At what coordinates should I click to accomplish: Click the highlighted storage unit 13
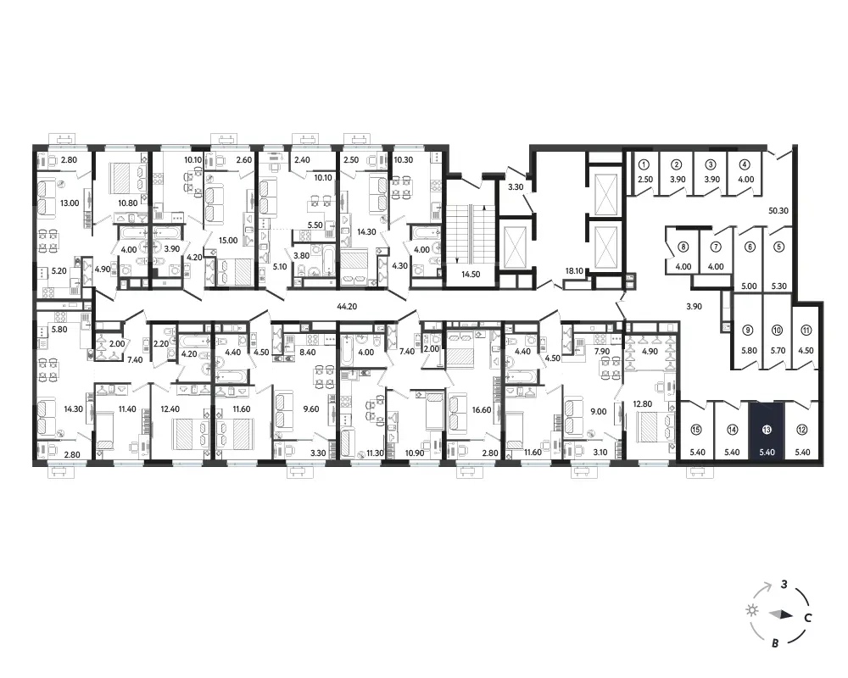coord(767,431)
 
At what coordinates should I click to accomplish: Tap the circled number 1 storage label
coord(644,164)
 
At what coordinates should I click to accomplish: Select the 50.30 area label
coord(778,211)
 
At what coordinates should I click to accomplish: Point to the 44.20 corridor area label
coord(347,306)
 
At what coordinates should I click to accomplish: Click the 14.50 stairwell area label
coord(471,274)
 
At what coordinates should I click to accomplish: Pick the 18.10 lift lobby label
coord(574,271)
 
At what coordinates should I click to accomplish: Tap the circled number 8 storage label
coord(683,247)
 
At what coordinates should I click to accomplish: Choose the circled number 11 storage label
coord(806,330)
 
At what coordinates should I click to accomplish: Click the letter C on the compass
coord(807,618)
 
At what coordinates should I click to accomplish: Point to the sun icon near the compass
coord(751,610)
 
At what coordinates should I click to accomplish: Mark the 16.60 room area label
coord(482,410)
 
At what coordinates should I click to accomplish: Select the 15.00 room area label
coord(228,240)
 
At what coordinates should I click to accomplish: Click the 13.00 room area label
coord(70,203)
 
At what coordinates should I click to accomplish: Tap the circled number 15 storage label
coord(696,430)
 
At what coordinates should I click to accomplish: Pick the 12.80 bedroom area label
coord(643,403)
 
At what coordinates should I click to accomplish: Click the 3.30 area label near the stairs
coord(516,187)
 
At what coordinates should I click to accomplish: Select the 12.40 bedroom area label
coord(170,408)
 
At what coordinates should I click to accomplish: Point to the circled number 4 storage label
coord(745,164)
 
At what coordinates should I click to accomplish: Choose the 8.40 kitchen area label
coord(307,352)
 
